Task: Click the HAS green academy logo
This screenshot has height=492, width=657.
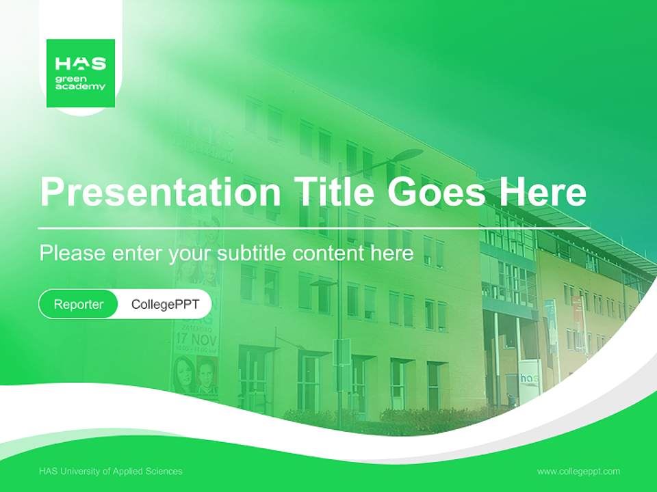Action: pyautogui.click(x=81, y=73)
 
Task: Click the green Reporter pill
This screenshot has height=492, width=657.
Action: pyautogui.click(x=79, y=304)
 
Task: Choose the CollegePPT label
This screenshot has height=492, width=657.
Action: pyautogui.click(x=165, y=304)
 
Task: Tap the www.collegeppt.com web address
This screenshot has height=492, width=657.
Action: pyautogui.click(x=578, y=471)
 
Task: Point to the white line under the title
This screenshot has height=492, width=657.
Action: pyautogui.click(x=314, y=227)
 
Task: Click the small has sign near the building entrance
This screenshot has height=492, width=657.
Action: pyautogui.click(x=529, y=379)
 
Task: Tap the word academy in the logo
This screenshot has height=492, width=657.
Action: pyautogui.click(x=81, y=87)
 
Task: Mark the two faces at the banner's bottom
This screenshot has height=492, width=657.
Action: pyautogui.click(x=195, y=376)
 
